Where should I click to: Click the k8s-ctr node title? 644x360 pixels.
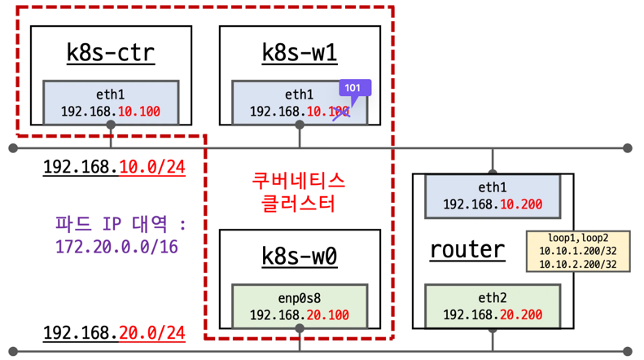[x=110, y=53]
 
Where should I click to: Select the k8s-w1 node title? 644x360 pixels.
[x=300, y=53]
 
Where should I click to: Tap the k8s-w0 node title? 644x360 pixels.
[x=300, y=256]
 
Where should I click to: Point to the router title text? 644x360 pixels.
[x=468, y=248]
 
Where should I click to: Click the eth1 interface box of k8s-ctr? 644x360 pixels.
[x=111, y=103]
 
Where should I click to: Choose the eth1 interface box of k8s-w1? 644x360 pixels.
[x=300, y=103]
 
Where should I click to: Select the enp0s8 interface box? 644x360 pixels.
[x=300, y=305]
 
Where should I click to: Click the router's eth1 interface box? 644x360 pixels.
[x=493, y=195]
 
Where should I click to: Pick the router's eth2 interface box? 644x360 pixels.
[x=493, y=305]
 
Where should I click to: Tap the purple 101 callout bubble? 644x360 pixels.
[x=353, y=88]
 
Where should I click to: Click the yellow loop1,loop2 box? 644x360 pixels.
[x=576, y=251]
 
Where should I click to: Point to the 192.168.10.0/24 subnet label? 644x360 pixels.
[x=114, y=168]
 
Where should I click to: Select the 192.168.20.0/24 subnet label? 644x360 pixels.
[x=114, y=333]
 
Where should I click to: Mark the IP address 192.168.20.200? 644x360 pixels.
[x=493, y=314]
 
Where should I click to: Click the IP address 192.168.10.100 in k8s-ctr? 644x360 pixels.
[x=111, y=112]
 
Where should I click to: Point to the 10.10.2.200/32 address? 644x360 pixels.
[x=576, y=264]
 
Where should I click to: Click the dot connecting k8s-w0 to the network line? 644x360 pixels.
[x=300, y=328]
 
